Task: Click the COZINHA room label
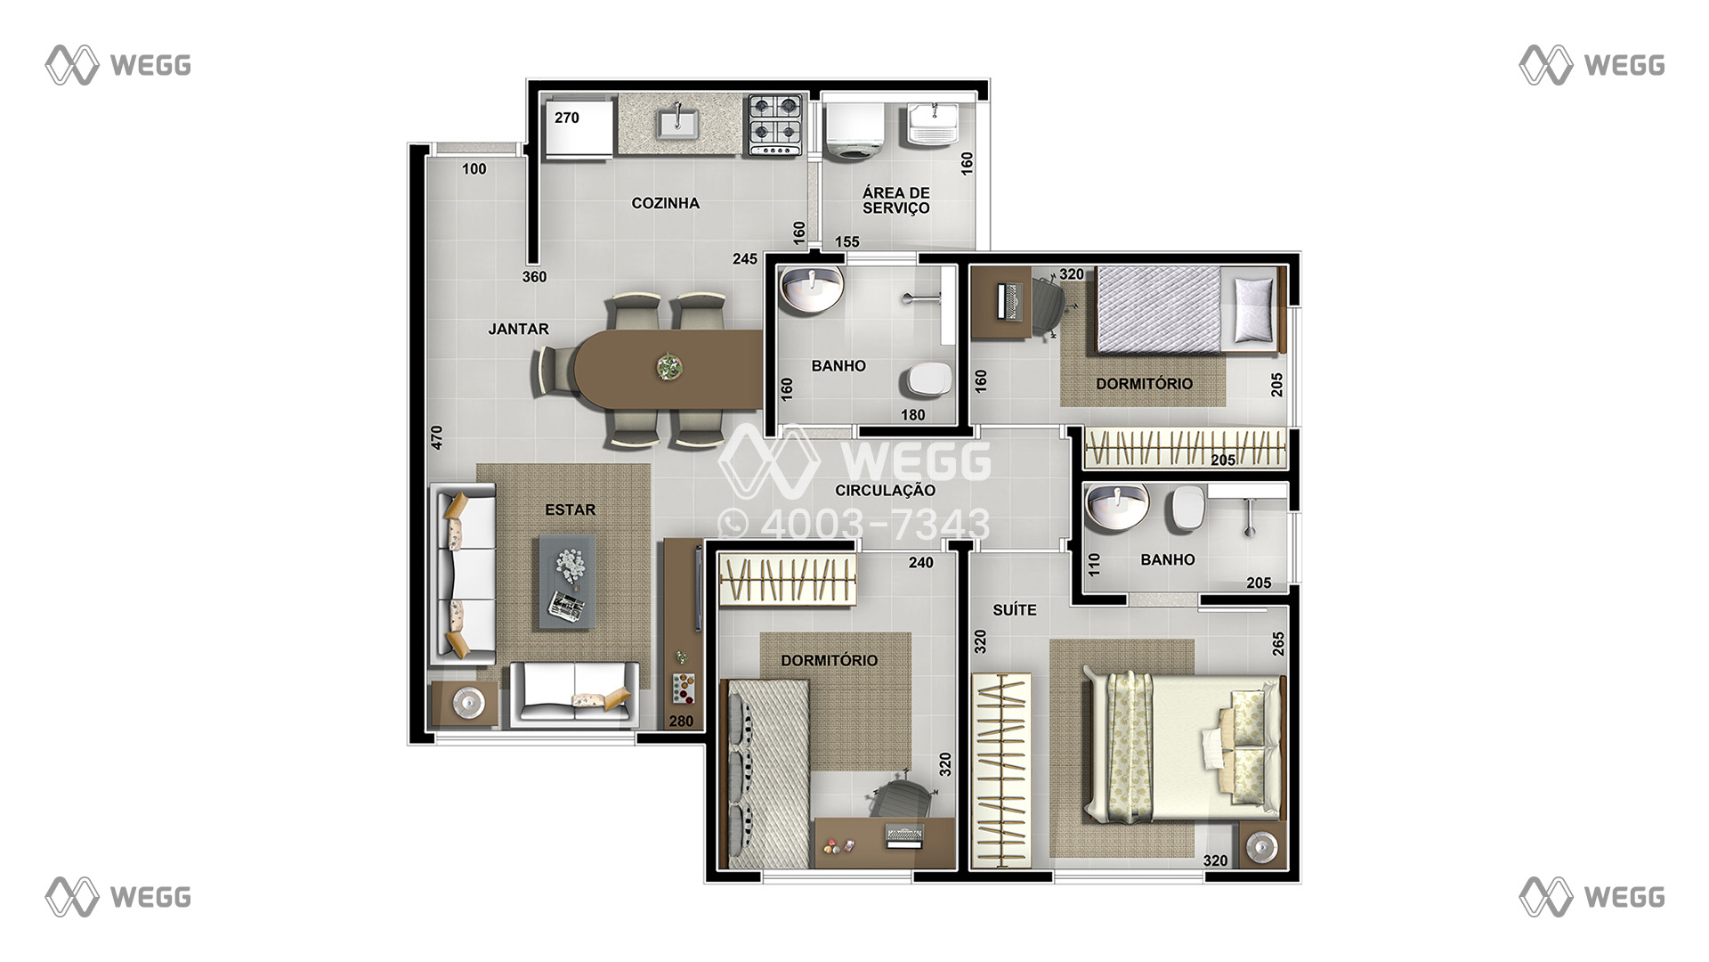(x=665, y=203)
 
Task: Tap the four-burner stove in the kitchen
(x=774, y=125)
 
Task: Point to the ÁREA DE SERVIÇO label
(x=895, y=200)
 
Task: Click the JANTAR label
(x=518, y=330)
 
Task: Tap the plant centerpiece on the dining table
(x=668, y=366)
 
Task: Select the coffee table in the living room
(x=566, y=582)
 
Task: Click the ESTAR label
(x=570, y=510)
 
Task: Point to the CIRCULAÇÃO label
(x=885, y=490)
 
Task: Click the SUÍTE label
(x=1015, y=610)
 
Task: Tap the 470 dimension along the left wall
(x=436, y=437)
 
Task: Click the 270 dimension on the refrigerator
(x=566, y=118)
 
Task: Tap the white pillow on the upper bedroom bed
(x=1255, y=308)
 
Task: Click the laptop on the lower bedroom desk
(x=904, y=836)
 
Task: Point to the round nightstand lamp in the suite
(x=1262, y=845)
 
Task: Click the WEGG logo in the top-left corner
(x=118, y=65)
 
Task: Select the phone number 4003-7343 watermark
(x=854, y=524)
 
